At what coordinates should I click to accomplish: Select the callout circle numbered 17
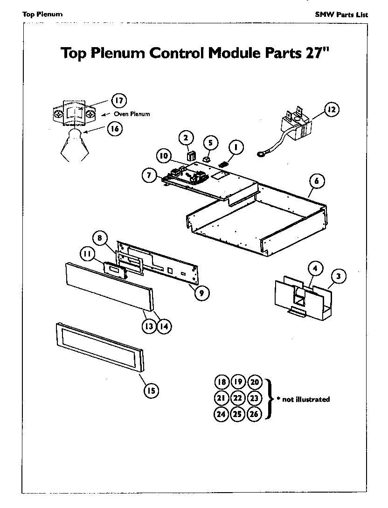tap(118, 100)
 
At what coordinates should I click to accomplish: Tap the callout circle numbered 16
tap(114, 128)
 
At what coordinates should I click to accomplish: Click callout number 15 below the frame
tap(151, 391)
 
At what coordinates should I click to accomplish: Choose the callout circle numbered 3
tap(339, 276)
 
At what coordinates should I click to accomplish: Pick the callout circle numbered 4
tap(316, 269)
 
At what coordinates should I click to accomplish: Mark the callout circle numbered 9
tap(201, 293)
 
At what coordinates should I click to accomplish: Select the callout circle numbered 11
tap(87, 254)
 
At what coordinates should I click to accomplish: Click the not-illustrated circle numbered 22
tap(237, 398)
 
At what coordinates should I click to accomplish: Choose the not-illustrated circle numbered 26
tap(254, 414)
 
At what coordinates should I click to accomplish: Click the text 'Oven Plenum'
tap(132, 114)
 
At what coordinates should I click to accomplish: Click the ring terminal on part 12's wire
tap(261, 153)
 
